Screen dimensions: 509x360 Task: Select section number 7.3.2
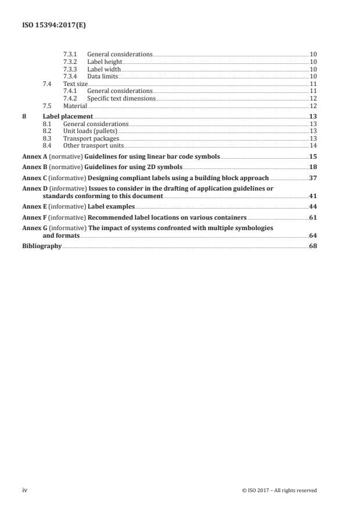tap(70, 62)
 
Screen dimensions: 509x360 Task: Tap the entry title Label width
tap(104, 69)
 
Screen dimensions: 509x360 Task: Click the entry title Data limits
tap(103, 76)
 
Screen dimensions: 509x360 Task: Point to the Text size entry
tap(75, 84)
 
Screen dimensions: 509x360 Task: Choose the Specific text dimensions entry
tap(121, 98)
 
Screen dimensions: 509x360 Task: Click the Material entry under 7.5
tap(75, 106)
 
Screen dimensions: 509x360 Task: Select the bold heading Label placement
tap(68, 117)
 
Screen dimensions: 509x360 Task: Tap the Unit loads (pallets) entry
tap(90, 131)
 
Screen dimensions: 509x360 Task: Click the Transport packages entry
tap(91, 138)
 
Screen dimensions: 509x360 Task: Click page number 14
tap(313, 146)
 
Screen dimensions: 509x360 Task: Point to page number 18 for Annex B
tap(313, 167)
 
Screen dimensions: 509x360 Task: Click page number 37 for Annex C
tap(313, 178)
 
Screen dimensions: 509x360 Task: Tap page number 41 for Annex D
tap(313, 196)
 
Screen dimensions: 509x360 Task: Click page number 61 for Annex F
tap(313, 217)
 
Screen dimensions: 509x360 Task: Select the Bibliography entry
tap(42, 246)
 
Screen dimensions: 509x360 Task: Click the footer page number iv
tap(24, 490)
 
